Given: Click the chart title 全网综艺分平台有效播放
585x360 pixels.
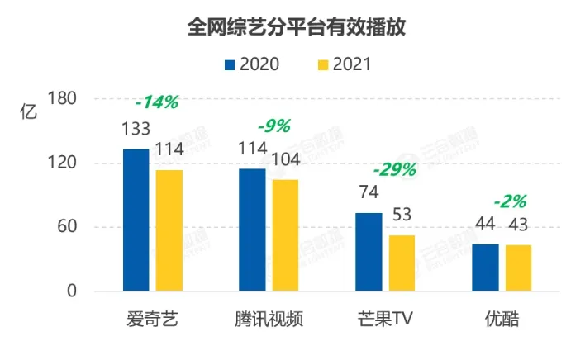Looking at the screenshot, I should [x=292, y=27].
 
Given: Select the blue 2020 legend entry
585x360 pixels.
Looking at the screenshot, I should [x=251, y=64].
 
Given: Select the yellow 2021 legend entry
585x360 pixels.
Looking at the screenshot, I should [x=344, y=64].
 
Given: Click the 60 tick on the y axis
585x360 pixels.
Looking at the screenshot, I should [x=67, y=227].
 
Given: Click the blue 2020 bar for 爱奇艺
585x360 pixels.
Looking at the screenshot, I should [x=136, y=220].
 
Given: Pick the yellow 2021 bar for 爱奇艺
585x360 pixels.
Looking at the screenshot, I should [x=169, y=230].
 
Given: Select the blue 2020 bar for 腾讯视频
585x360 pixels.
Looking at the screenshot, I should [x=252, y=230].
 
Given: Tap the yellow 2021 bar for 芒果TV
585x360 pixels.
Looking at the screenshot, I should [x=402, y=263].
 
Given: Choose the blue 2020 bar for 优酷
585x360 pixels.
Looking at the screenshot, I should [x=485, y=268].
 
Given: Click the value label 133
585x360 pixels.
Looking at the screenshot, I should [x=136, y=129].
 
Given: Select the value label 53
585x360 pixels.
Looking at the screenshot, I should [x=402, y=215].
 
